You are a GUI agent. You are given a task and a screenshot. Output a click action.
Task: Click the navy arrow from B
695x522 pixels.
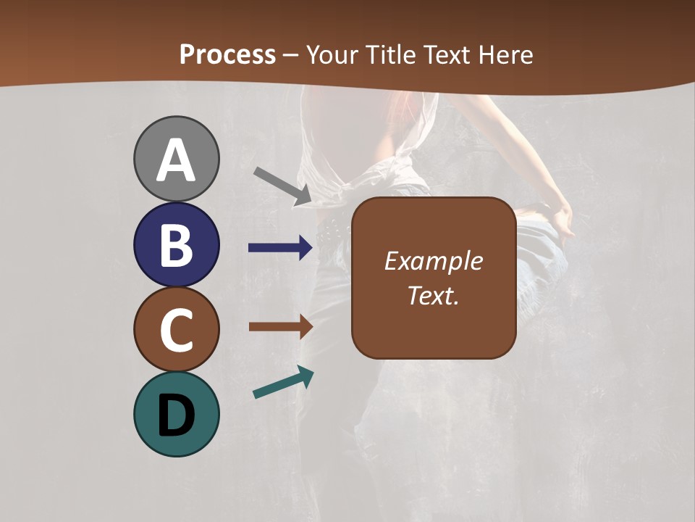tap(280, 248)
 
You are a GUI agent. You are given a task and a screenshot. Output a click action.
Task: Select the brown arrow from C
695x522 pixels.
tap(280, 326)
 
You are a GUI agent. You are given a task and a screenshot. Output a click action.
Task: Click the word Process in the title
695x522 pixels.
tap(227, 54)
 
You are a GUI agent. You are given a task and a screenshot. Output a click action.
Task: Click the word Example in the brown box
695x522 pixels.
tap(433, 261)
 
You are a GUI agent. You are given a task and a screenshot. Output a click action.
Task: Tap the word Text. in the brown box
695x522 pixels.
tap(433, 296)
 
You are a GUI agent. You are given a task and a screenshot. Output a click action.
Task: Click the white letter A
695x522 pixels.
tap(176, 161)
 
